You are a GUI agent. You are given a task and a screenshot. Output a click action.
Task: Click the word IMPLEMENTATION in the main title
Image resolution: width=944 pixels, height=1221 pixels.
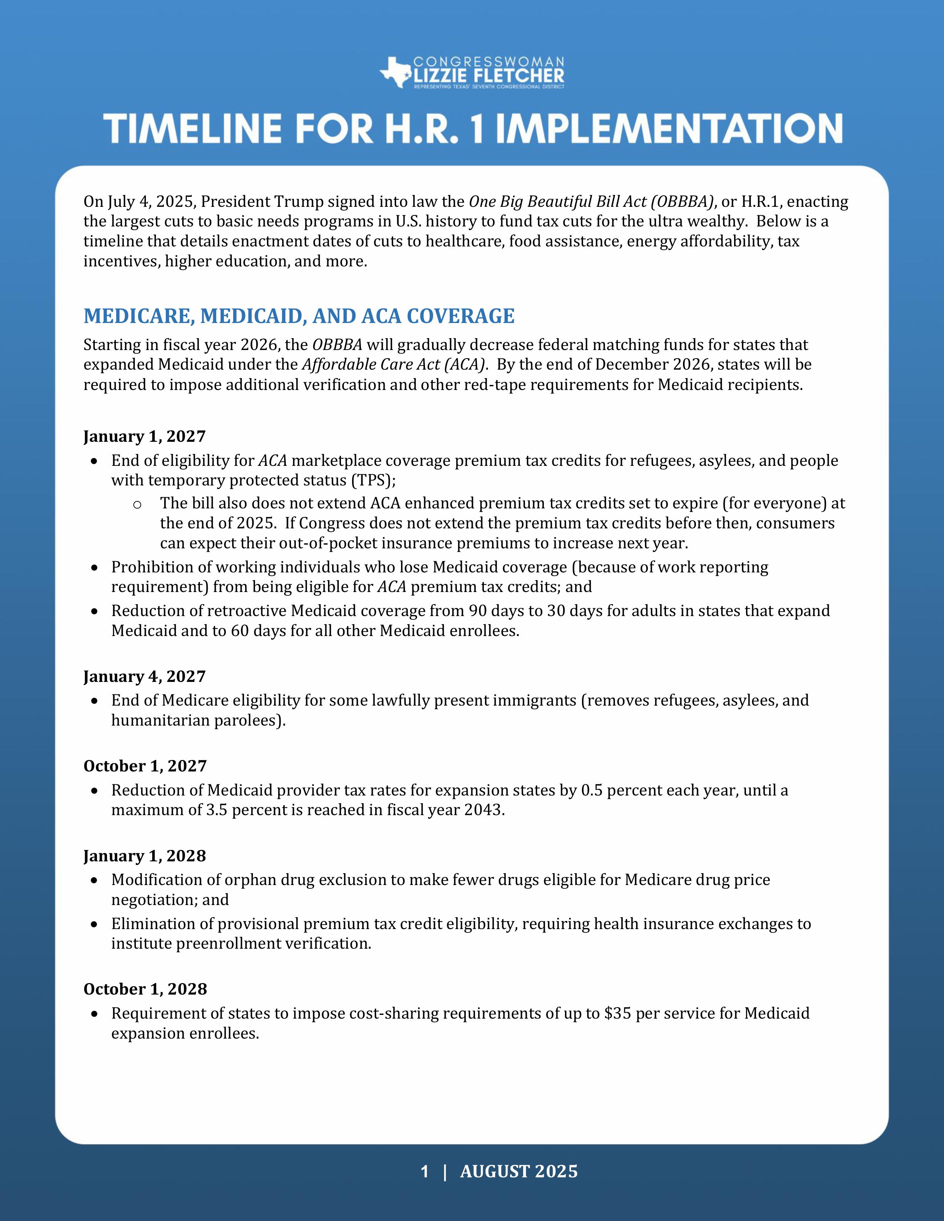click(669, 129)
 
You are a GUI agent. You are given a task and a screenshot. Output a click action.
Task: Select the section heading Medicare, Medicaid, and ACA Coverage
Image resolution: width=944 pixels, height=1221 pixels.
click(299, 316)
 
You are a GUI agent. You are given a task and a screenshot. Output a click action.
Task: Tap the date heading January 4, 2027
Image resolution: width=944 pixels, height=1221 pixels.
click(144, 676)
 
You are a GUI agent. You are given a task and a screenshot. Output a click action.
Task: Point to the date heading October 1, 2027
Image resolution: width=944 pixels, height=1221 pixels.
click(145, 766)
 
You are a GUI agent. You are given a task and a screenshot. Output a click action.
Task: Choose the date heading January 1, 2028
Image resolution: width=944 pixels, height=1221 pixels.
click(144, 856)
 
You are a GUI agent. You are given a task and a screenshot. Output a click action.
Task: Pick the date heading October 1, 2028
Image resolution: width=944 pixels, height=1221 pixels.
click(145, 989)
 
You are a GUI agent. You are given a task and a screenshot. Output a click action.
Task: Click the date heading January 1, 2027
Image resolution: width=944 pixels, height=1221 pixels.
click(144, 436)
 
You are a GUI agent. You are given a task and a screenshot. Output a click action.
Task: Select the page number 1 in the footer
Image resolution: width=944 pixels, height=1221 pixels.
click(425, 1171)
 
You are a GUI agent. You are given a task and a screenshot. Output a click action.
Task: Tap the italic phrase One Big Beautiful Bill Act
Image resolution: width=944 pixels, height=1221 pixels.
click(557, 201)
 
